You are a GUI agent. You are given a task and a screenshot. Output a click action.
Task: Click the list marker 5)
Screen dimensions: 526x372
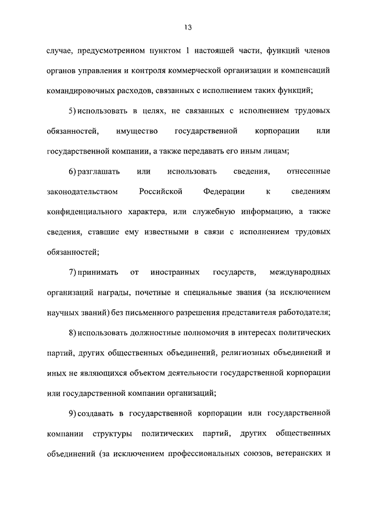pos(71,110)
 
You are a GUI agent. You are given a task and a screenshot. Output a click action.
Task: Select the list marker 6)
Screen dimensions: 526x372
pos(71,171)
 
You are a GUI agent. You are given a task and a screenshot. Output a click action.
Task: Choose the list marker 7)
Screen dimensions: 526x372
pos(71,272)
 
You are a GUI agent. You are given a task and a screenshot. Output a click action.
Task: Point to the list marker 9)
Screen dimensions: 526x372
pos(71,413)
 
